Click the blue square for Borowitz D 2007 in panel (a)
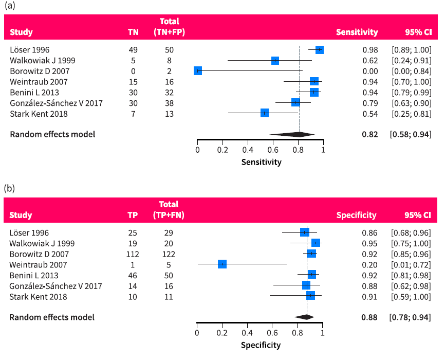[198, 71]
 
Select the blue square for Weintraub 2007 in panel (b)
[222, 264]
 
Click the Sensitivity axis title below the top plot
[261, 162]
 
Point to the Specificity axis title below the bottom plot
[261, 345]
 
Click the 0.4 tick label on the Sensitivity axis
[248, 150]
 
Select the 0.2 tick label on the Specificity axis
[222, 333]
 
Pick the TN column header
[133, 32]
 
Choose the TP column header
[133, 215]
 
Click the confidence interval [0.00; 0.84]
[411, 71]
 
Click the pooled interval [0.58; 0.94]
[411, 134]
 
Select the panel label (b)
[10, 188]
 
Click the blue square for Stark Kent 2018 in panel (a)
[265, 113]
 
